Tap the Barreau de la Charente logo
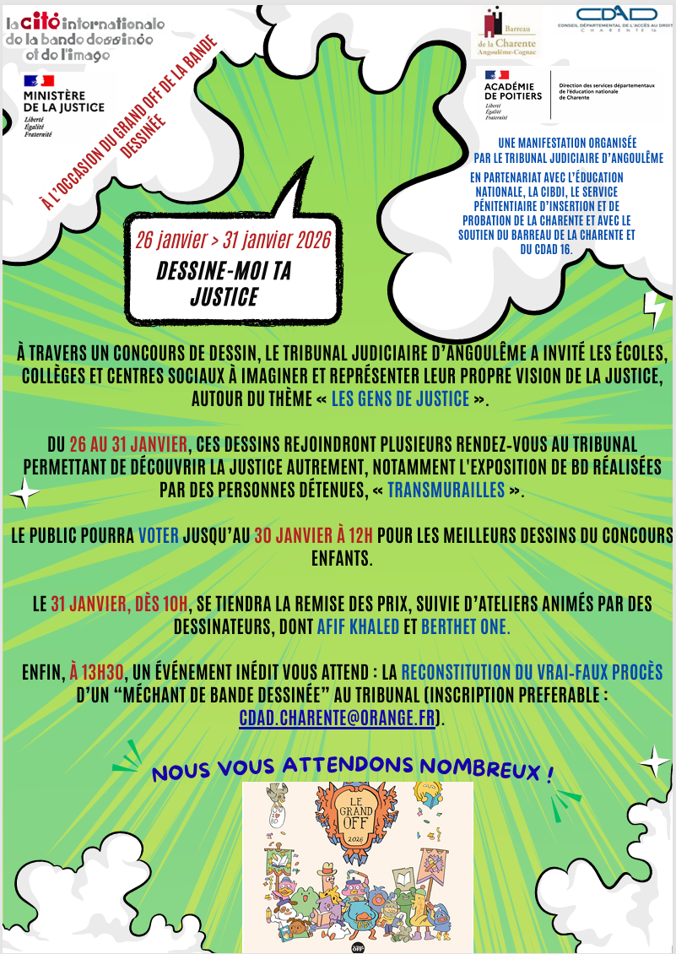tap(506, 33)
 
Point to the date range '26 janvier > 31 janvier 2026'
tap(232, 239)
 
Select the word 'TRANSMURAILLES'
tap(446, 491)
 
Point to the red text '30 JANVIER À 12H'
tap(314, 535)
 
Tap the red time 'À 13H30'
tap(98, 673)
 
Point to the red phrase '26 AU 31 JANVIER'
tap(120, 444)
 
